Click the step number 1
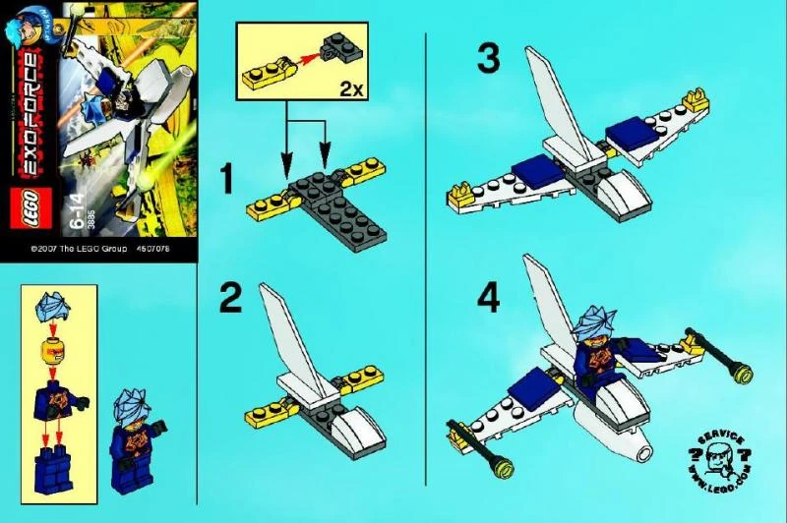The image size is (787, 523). (225, 180)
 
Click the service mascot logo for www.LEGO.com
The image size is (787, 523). (718, 461)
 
